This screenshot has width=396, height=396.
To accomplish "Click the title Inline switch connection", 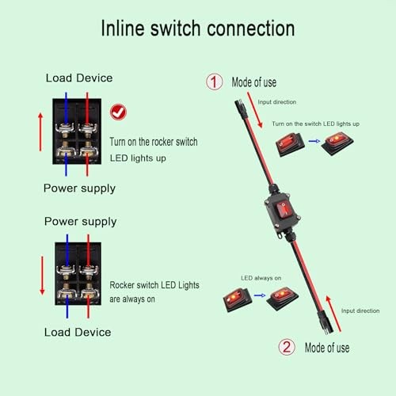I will point(197,29).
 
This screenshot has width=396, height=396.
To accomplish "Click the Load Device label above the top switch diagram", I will point(80,78).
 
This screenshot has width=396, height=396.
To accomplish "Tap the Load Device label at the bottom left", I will point(78,331).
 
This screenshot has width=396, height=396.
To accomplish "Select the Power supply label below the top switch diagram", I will point(80,188).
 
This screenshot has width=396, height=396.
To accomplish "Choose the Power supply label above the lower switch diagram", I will point(80,221).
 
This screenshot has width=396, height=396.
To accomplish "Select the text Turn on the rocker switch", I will point(154,142).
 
